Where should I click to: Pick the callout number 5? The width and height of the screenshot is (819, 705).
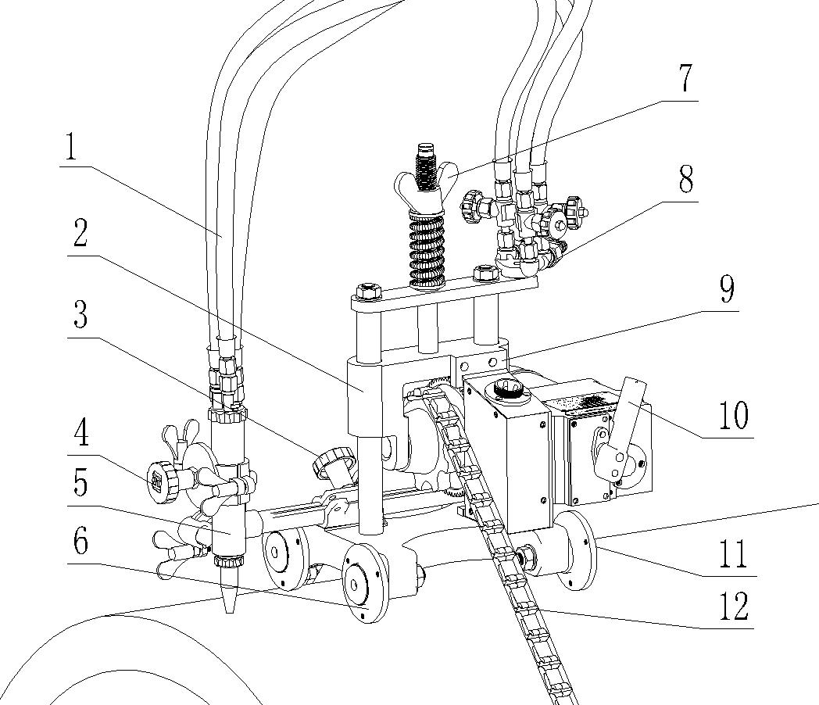tap(79, 484)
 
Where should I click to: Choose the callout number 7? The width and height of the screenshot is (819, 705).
tap(685, 78)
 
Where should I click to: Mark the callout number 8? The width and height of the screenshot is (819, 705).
tap(685, 181)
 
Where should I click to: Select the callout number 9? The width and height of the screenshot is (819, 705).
tap(727, 289)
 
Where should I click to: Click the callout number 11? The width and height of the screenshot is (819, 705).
tap(732, 553)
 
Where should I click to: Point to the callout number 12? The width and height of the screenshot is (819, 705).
tap(732, 606)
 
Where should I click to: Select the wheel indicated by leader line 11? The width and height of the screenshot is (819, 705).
tap(579, 551)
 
